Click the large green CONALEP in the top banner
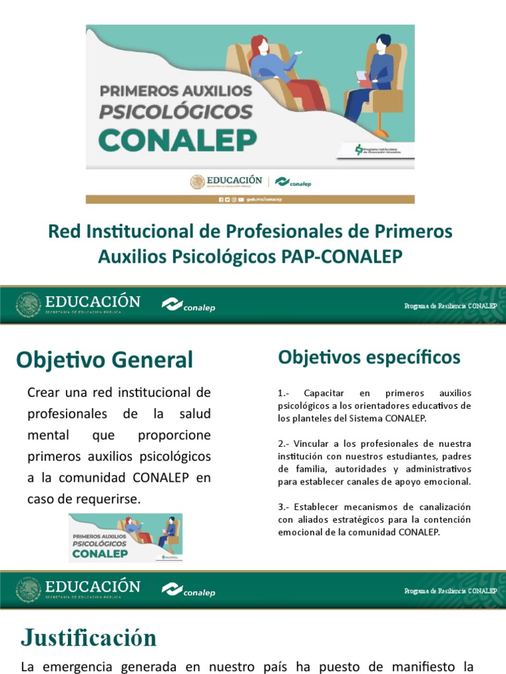pyautogui.click(x=178, y=138)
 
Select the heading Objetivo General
pyautogui.click(x=105, y=360)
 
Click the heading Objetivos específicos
pyautogui.click(x=369, y=357)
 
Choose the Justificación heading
pyautogui.click(x=88, y=638)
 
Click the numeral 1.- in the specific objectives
pyautogui.click(x=285, y=393)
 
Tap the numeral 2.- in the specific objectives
pyautogui.click(x=285, y=444)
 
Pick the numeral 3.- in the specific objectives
pyautogui.click(x=285, y=507)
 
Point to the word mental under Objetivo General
pyautogui.click(x=47, y=436)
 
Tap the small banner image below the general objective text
pyautogui.click(x=126, y=538)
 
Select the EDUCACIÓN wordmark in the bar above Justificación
pyautogui.click(x=92, y=586)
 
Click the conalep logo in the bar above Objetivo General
pyautogui.click(x=189, y=305)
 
